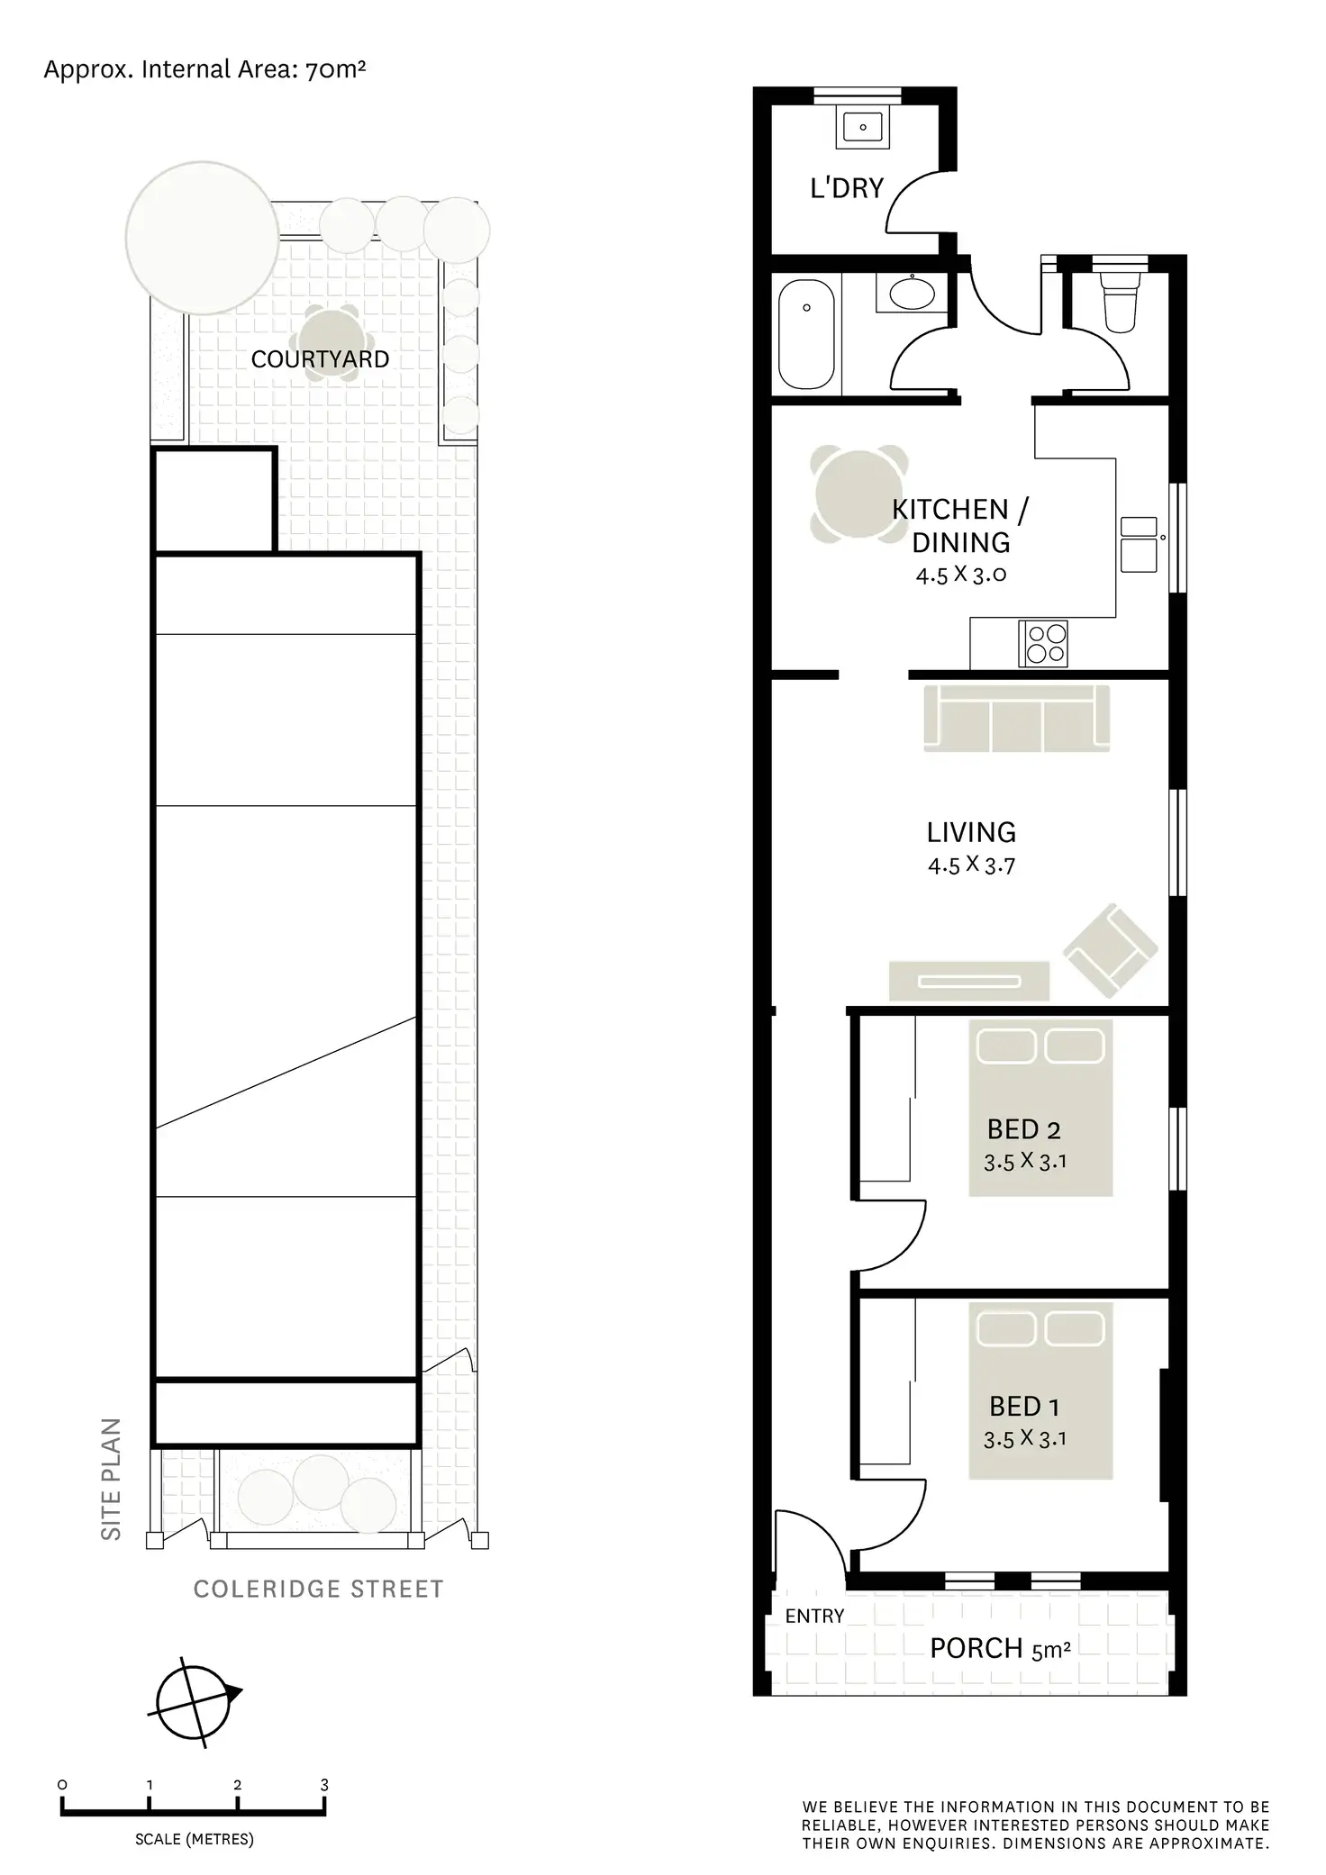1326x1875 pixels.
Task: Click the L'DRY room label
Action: point(847,188)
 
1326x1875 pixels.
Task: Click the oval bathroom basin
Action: point(912,294)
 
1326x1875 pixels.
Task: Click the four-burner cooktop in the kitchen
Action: point(1043,643)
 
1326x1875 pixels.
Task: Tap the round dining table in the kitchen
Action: point(858,494)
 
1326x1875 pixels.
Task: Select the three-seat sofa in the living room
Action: point(1017,719)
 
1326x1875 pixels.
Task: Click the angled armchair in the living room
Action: point(1110,951)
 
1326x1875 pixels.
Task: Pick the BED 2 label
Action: point(1023,1129)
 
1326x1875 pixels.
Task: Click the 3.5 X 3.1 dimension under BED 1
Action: point(1024,1439)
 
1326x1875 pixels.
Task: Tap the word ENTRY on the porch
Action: point(814,1617)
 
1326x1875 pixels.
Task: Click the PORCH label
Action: point(976,1649)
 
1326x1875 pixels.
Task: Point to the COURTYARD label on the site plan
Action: point(320,359)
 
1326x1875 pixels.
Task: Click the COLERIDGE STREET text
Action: point(319,1590)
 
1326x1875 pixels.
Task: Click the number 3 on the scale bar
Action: point(324,1785)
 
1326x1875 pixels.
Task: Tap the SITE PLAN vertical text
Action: point(111,1479)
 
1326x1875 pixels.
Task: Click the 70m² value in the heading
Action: point(335,69)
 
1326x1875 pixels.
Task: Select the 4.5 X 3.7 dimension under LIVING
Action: point(971,865)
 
